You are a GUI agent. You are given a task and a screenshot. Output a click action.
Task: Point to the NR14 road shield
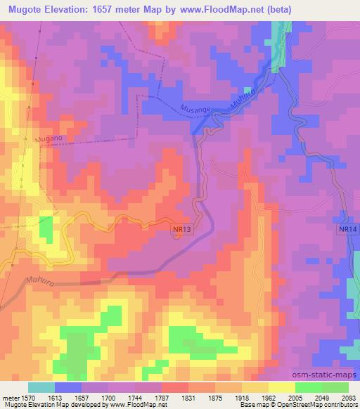tap(347, 230)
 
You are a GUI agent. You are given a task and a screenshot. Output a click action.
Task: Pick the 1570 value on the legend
tap(23, 397)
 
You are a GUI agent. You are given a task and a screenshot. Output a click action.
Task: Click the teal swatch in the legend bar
tap(41, 387)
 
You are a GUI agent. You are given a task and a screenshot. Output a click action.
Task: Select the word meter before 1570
tap(8, 397)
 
